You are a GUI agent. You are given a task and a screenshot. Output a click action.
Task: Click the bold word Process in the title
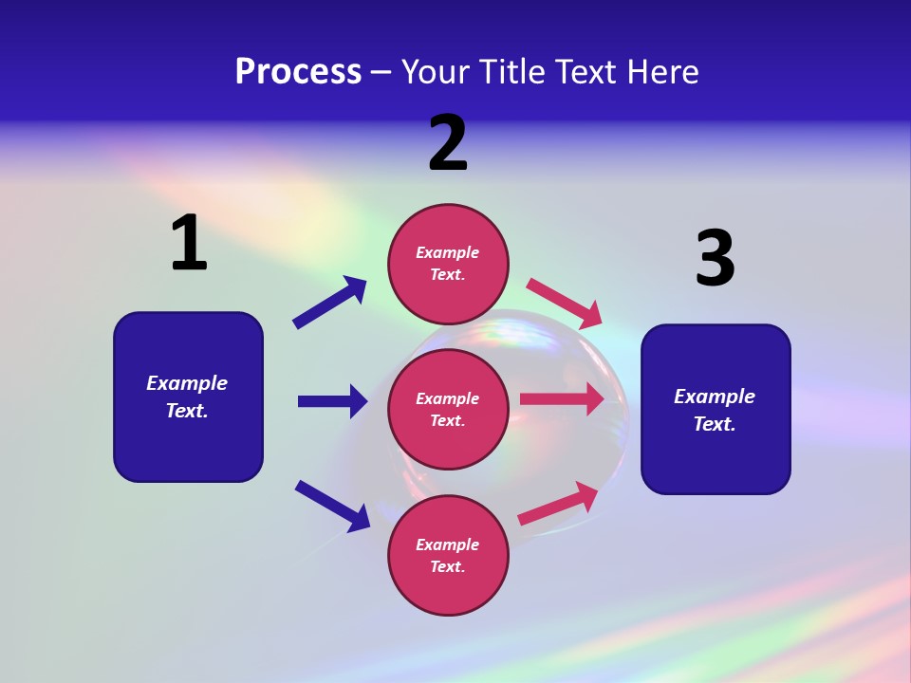(298, 71)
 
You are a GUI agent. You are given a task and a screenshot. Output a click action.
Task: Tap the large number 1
(189, 244)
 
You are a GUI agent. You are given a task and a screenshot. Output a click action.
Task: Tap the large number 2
(448, 143)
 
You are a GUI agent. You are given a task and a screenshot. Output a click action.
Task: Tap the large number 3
(716, 259)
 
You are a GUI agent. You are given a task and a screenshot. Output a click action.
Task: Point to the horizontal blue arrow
(332, 401)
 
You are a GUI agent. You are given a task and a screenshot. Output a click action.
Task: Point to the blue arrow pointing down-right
(332, 506)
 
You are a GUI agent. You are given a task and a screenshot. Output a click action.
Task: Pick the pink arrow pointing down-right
(565, 301)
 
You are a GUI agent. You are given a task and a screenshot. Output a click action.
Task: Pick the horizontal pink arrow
(562, 399)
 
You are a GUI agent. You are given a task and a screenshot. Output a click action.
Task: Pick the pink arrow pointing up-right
(558, 504)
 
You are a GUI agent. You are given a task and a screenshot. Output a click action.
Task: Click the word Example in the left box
(187, 383)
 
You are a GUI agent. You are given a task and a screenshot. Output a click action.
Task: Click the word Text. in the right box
(715, 424)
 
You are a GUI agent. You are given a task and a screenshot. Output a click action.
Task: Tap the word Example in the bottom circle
(448, 545)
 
